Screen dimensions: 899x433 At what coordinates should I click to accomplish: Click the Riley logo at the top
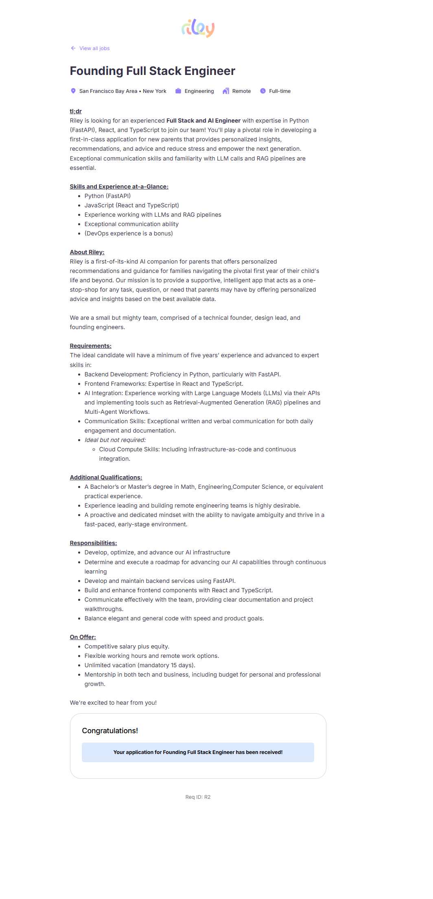coord(198,28)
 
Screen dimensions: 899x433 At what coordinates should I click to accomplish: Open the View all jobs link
coord(94,48)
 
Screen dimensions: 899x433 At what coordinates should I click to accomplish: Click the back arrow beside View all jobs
coord(73,48)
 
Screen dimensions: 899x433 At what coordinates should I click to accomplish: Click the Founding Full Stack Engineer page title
coord(152,71)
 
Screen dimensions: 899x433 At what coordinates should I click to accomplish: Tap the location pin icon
coord(73,91)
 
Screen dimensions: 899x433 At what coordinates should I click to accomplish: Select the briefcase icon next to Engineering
coord(178,91)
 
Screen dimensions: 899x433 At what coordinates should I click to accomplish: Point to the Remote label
coord(241,91)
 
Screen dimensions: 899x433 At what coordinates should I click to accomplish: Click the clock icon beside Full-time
coord(263,91)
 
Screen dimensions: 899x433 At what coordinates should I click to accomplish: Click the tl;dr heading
coord(76,111)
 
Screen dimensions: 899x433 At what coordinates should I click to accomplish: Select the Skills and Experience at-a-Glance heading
coord(119,187)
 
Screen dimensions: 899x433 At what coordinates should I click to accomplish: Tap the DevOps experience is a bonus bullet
coord(129,233)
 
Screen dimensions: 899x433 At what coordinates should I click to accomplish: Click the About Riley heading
coord(87,252)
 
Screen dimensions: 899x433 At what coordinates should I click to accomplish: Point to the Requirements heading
coord(90,346)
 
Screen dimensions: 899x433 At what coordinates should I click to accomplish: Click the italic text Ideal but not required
coord(115,440)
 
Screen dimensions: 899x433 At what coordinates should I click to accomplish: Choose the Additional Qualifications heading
coord(106,477)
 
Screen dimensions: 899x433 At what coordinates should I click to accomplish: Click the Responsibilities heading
coord(93,543)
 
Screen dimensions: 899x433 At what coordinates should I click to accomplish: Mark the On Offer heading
coord(83,637)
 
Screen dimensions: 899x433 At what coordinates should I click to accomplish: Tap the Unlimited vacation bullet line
coord(140,665)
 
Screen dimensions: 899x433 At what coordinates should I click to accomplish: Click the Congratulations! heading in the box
coord(110,731)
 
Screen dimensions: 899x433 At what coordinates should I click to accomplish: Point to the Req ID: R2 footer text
coord(198,797)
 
